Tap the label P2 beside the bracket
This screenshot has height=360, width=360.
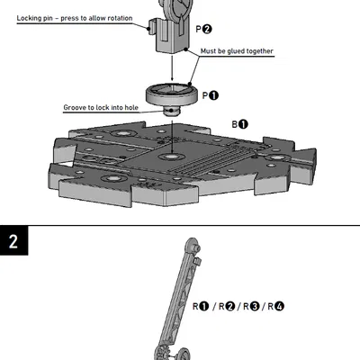[x=204, y=30]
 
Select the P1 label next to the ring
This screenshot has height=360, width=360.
[x=210, y=95]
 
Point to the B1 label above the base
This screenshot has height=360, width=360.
[x=240, y=124]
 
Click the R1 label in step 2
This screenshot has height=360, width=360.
[x=202, y=307]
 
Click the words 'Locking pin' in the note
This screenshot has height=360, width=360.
[x=39, y=17]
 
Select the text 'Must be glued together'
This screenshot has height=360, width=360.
[x=236, y=51]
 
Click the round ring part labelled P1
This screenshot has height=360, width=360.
[x=171, y=93]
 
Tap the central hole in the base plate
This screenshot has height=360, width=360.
[x=170, y=157]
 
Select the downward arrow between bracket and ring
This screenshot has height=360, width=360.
[x=171, y=67]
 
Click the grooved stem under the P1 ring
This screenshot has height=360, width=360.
[x=171, y=111]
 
